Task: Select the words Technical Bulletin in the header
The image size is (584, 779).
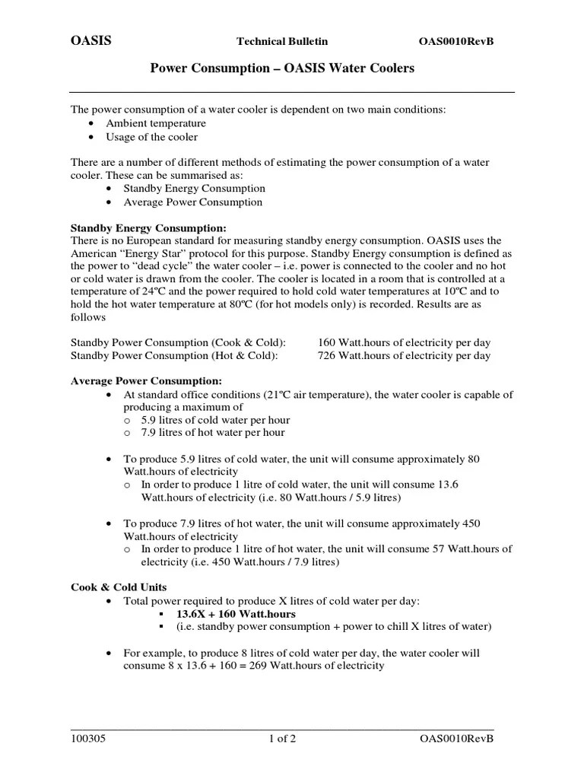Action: [282, 41]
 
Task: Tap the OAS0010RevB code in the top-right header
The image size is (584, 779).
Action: [456, 41]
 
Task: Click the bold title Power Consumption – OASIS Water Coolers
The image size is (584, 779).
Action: [282, 68]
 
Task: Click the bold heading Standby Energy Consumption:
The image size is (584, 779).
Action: [148, 227]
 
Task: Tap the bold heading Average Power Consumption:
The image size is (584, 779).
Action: [146, 380]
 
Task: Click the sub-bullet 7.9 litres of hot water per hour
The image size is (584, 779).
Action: [213, 432]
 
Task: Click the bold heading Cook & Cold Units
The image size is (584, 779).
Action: [119, 587]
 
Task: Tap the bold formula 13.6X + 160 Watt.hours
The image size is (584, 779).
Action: [236, 614]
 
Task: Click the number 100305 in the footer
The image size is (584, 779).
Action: [87, 739]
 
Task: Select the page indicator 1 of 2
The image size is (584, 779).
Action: [281, 739]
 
